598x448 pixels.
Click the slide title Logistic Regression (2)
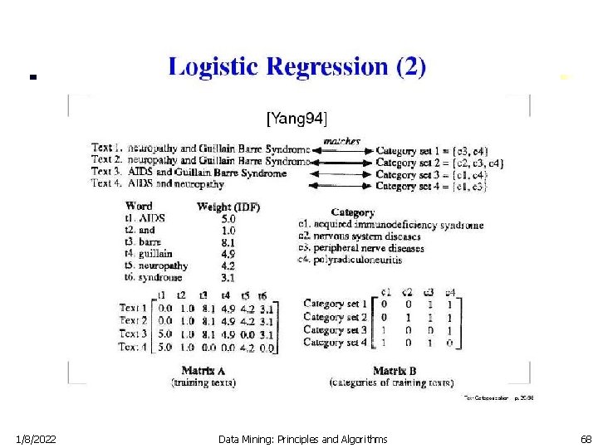pyautogui.click(x=297, y=67)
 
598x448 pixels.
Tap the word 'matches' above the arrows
pyautogui.click(x=341, y=141)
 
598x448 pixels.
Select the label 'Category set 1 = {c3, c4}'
pyautogui.click(x=432, y=151)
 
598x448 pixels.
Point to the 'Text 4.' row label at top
pyautogui.click(x=108, y=184)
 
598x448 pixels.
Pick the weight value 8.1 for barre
pyautogui.click(x=228, y=241)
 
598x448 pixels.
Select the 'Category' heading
pyautogui.click(x=352, y=212)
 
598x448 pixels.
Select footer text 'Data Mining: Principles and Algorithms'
pyautogui.click(x=302, y=437)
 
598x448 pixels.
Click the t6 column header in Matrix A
pyautogui.click(x=262, y=295)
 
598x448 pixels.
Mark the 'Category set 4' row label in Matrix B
pyautogui.click(x=335, y=341)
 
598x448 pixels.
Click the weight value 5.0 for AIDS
pyautogui.click(x=228, y=218)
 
